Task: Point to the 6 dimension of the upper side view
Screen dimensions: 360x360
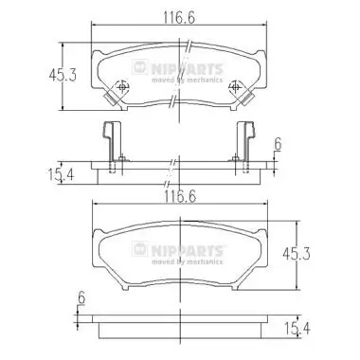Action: [278, 144]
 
